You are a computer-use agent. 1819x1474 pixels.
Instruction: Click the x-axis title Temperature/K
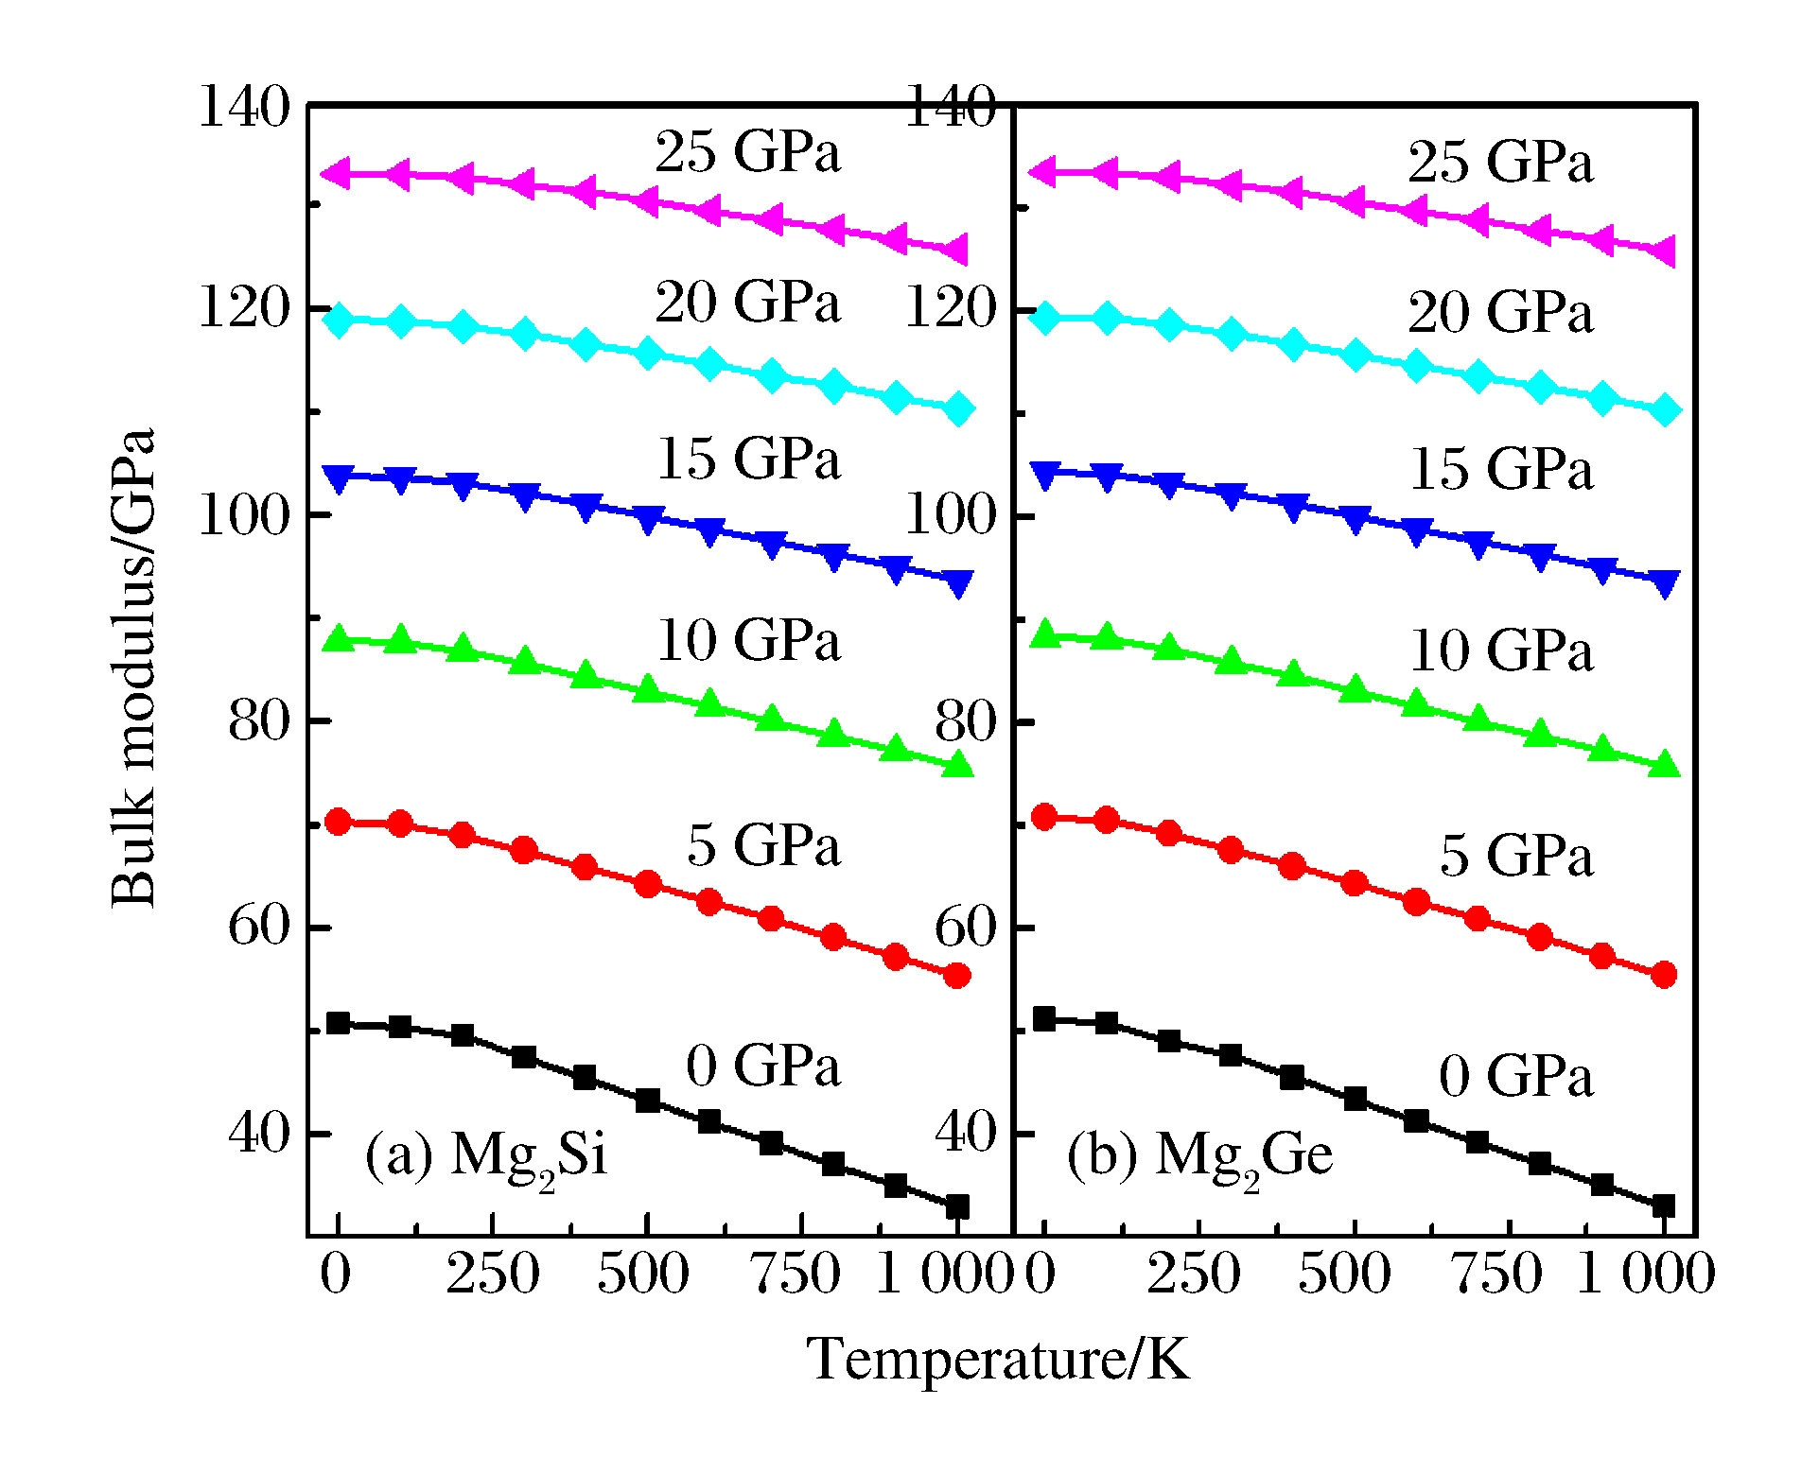coord(998,1360)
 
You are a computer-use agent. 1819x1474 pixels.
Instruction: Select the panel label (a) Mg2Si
coord(485,1156)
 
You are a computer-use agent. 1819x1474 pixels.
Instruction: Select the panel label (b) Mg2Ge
coord(1199,1156)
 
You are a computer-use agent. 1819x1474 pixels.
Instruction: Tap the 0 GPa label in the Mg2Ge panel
coord(1515,1076)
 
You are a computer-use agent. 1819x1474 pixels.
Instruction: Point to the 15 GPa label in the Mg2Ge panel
coord(1501,469)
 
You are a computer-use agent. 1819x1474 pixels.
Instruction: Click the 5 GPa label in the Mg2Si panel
coord(762,844)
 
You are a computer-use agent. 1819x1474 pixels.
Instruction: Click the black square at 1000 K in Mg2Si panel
coord(957,1206)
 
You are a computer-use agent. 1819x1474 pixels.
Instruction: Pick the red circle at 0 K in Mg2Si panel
coord(338,821)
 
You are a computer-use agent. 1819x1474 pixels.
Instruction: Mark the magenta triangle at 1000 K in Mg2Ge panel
coord(1663,251)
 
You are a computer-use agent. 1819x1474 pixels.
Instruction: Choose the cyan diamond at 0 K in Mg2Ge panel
coord(1044,317)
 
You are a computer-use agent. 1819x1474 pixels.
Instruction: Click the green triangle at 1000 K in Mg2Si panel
coord(957,764)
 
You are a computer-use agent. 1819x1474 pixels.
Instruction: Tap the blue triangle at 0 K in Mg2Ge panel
coord(1044,475)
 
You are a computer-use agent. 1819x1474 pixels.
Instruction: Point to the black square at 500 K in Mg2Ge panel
coord(1355,1099)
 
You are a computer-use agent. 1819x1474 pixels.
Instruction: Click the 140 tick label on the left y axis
coord(243,106)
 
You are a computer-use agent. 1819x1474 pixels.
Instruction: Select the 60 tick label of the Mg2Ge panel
coord(965,928)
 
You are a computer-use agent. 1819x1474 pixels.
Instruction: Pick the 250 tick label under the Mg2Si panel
coord(493,1275)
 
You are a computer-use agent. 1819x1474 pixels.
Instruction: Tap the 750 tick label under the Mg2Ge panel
coord(1497,1275)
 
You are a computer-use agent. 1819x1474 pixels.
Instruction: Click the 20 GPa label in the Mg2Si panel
coord(747,303)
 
